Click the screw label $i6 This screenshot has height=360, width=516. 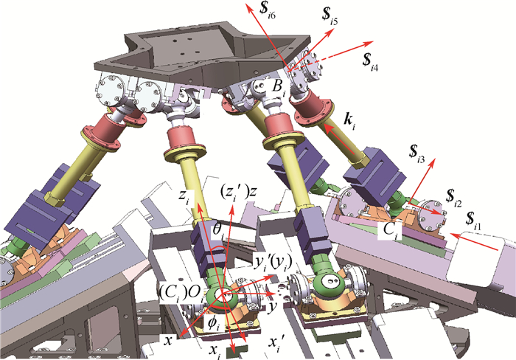(267, 10)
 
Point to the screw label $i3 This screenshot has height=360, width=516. (416, 154)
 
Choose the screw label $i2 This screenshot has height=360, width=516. (453, 198)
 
